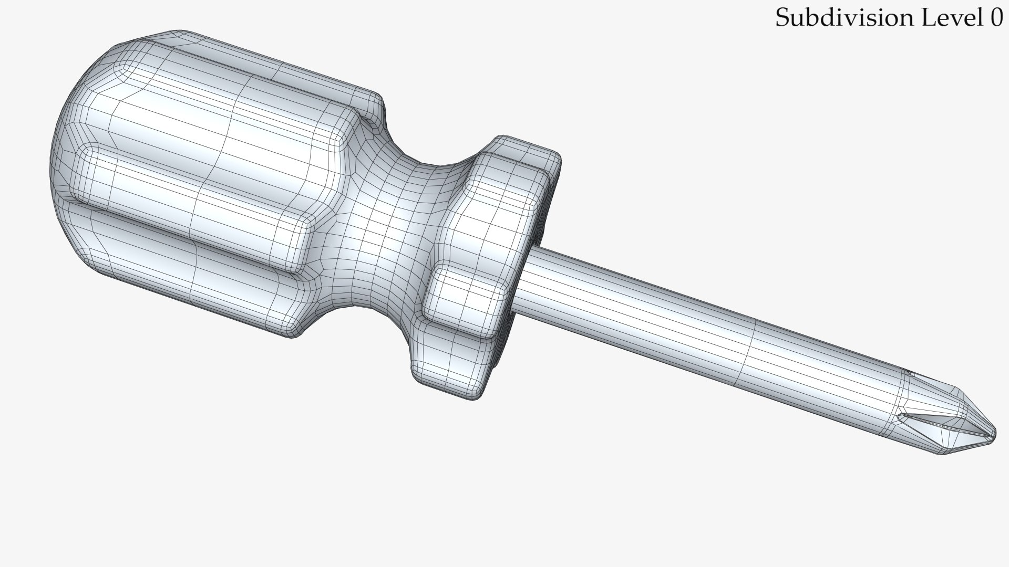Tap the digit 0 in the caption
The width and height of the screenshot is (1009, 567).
click(996, 18)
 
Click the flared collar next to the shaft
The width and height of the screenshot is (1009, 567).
click(494, 262)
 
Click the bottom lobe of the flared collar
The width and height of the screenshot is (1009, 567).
click(447, 367)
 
